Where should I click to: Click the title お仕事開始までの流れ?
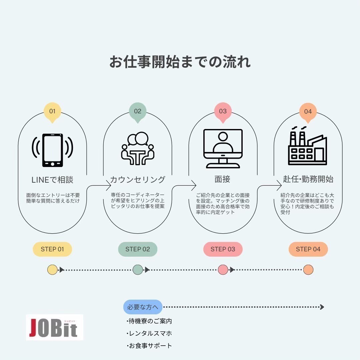click(180, 62)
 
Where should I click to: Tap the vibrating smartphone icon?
click(52, 150)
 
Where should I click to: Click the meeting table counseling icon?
click(138, 148)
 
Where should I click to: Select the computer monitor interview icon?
click(223, 149)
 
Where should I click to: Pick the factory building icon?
click(307, 146)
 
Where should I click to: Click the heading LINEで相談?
click(52, 180)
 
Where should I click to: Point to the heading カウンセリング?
click(138, 180)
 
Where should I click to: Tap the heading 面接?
click(222, 179)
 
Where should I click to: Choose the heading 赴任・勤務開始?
click(308, 179)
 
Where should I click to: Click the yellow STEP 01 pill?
click(52, 249)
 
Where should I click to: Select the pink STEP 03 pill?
click(223, 249)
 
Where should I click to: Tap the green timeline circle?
click(138, 270)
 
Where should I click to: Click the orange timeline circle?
click(308, 270)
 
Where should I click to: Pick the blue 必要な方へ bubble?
click(143, 307)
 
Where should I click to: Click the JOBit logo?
click(54, 327)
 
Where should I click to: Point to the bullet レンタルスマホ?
click(149, 333)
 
